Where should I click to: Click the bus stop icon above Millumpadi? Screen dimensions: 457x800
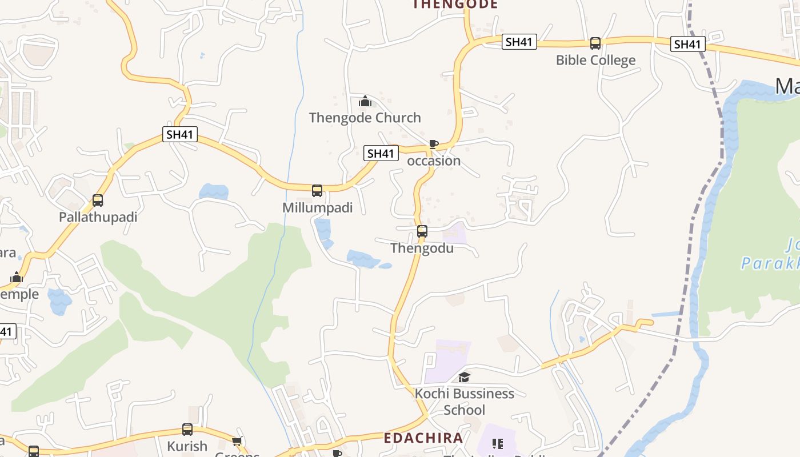(x=317, y=190)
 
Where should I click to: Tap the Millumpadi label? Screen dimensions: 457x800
(x=318, y=208)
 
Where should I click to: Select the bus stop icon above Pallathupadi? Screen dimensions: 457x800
(x=98, y=201)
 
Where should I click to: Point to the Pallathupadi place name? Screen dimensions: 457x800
(x=98, y=218)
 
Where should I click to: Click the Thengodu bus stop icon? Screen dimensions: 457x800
(x=422, y=231)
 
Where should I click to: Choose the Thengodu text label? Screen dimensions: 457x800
(x=422, y=248)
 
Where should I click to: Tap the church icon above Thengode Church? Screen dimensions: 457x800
(x=365, y=102)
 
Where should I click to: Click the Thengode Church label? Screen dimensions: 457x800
(x=365, y=118)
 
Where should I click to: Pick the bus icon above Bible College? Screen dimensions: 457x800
(x=595, y=43)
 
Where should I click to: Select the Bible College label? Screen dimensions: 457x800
(x=595, y=61)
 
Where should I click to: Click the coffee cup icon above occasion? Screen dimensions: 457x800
(x=433, y=144)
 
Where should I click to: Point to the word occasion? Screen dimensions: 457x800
(x=434, y=161)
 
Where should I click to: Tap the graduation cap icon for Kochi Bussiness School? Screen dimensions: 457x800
(x=464, y=377)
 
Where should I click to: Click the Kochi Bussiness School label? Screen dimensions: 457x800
(x=465, y=402)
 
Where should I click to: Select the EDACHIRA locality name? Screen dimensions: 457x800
(x=423, y=438)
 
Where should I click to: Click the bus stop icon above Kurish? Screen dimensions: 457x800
(x=187, y=430)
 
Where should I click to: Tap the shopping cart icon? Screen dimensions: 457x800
(x=237, y=441)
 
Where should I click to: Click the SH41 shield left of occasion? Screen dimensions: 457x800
(x=381, y=153)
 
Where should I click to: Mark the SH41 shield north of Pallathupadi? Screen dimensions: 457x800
(x=180, y=135)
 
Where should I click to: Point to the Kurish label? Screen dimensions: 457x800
(x=187, y=446)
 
